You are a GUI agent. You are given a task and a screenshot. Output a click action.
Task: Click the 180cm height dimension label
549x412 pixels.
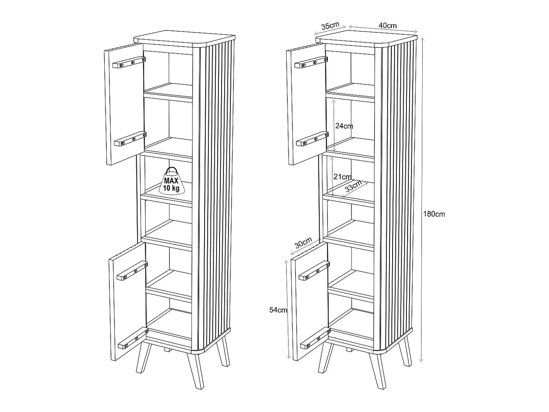434,214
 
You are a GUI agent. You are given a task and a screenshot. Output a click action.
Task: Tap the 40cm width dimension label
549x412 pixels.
387,26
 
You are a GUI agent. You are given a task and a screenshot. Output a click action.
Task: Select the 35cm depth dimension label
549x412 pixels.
330,26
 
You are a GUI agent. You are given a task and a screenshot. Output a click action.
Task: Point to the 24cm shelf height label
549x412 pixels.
344,126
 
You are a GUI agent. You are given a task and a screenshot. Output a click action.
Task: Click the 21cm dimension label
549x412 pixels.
343,177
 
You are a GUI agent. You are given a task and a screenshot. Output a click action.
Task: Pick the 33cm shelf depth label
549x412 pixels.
353,186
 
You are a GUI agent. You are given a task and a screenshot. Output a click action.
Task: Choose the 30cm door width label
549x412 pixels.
303,242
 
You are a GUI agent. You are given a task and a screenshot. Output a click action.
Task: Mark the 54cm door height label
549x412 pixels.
278,310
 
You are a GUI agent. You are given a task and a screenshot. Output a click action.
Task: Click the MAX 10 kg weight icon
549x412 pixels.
171,181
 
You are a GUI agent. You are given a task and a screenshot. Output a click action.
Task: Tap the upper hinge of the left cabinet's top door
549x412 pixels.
129,62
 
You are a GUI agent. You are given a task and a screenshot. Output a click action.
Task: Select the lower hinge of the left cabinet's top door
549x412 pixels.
130,139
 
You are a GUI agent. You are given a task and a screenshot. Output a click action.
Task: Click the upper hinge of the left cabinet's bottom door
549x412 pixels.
132,271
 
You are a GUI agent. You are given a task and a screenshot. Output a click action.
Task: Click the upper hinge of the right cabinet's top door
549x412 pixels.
311,62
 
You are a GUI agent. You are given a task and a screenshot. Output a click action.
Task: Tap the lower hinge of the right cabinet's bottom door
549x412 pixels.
315,338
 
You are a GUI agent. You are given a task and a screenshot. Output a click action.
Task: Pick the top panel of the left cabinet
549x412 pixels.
184,39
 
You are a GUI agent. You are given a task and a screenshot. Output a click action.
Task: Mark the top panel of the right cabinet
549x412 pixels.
366,39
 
